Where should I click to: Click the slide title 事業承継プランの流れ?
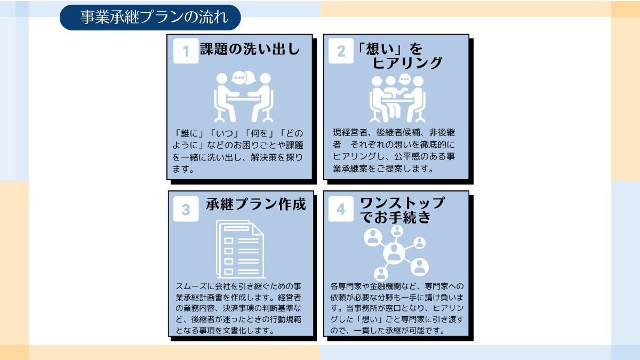coord(154,17)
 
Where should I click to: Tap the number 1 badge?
coord(186,51)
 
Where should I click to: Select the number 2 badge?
coord(341,51)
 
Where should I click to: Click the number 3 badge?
coord(186,209)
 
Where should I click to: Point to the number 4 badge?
coord(341,209)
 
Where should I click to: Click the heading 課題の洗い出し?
coord(250,49)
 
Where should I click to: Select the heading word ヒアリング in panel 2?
coord(407,63)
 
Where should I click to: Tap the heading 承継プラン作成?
coord(255,204)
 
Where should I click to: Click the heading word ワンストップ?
coord(402,203)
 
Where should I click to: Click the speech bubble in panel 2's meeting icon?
coord(405,79)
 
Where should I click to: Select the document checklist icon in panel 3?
coord(240,249)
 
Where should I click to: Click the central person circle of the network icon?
coord(394,253)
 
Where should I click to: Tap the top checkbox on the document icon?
coord(229,241)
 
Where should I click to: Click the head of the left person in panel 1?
coord(222,78)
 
